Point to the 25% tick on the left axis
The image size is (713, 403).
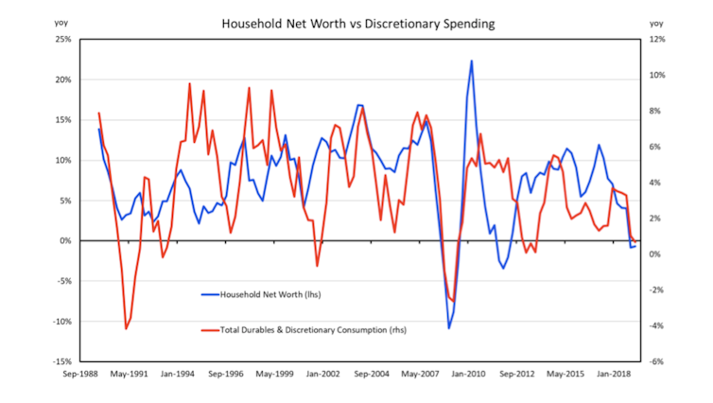pos(62,40)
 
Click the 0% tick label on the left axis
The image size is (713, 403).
pos(66,241)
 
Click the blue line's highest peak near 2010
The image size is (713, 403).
pos(472,61)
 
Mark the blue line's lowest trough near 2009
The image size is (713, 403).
pos(449,327)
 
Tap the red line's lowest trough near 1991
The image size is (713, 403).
pos(127,329)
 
